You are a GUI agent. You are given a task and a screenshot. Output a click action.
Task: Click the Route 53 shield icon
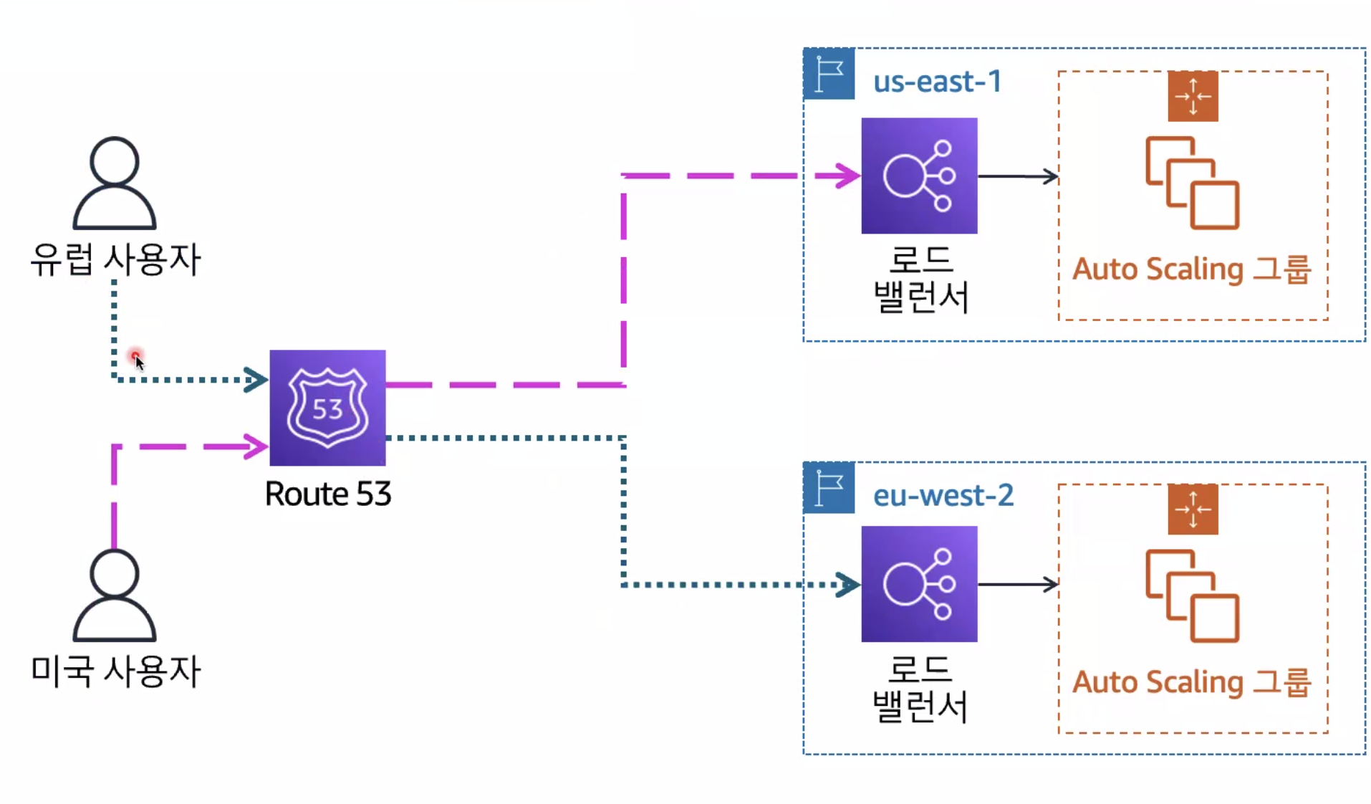pos(327,408)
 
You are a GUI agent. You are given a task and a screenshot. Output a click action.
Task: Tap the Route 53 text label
pos(328,494)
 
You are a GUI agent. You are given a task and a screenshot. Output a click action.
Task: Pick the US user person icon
pos(115,595)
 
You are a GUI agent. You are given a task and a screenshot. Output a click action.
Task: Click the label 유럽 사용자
pos(115,259)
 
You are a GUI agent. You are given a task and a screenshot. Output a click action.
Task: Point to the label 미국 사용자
pos(115,671)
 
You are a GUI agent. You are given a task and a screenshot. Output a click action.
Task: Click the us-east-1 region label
pos(937,82)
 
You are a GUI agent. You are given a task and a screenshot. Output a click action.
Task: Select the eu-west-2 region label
pos(943,495)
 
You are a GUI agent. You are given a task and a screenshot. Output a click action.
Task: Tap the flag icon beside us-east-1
pos(829,74)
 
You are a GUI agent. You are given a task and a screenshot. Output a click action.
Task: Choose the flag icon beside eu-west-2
pos(829,488)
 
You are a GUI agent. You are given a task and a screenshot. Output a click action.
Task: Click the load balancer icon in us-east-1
pos(919,176)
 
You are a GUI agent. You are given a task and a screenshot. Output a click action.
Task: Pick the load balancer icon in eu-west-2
pos(919,584)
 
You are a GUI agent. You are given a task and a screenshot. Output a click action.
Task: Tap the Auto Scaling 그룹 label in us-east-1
pos(1191,269)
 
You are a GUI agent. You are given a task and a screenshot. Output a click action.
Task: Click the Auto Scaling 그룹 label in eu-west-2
pos(1191,682)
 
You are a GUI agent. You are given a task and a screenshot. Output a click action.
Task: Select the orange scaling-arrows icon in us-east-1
pos(1193,96)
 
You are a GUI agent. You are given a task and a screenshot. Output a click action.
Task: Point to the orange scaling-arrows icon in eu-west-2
pos(1193,509)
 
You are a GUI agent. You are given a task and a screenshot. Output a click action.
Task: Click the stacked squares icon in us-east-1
pos(1192,183)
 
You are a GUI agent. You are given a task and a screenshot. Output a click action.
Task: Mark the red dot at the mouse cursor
pos(135,355)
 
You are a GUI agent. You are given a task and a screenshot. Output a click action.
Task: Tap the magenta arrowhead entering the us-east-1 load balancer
pos(847,176)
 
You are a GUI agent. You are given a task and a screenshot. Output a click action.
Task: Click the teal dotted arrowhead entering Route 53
pos(256,380)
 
